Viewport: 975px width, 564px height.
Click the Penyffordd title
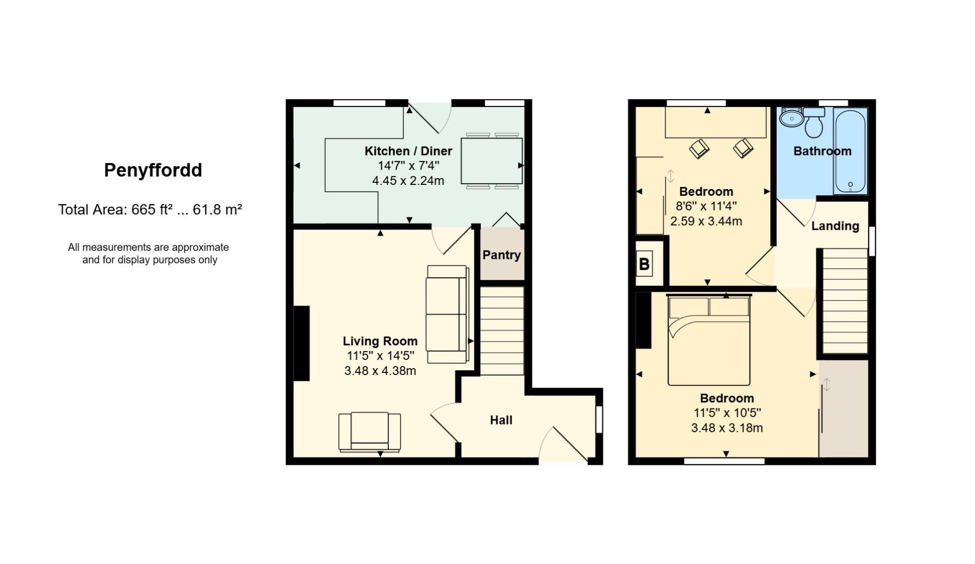pos(153,170)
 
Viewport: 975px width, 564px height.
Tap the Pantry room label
pos(501,255)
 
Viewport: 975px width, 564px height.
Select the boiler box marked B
pos(644,264)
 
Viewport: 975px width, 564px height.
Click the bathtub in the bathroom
pos(850,151)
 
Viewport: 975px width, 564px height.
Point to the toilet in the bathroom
pos(814,123)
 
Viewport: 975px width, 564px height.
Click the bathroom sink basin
pos(791,118)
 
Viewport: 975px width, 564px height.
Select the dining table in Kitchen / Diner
pos(491,161)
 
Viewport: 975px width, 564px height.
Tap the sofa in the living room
pos(447,314)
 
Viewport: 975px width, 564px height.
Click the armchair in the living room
pos(370,431)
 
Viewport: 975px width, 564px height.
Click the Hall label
pos(501,420)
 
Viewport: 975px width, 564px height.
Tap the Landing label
pos(835,226)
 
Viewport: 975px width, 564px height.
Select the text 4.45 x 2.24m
pos(408,181)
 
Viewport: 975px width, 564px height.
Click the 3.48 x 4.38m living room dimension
pos(380,371)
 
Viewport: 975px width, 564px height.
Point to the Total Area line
pos(150,209)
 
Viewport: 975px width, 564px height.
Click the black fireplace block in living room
pos(302,343)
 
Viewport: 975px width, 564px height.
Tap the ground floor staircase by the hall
pos(502,330)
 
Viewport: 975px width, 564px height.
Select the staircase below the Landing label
pos(845,302)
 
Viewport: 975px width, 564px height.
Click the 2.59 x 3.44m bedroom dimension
pos(706,221)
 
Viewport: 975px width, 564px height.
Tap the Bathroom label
pos(822,151)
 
